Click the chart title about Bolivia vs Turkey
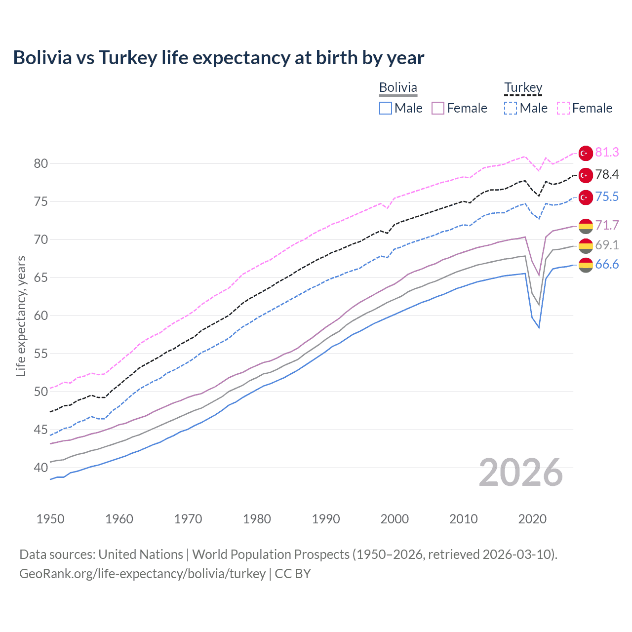pyautogui.click(x=218, y=58)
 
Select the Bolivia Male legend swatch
pyautogui.click(x=386, y=108)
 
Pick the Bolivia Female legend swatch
pyautogui.click(x=438, y=108)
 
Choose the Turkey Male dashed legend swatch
pyautogui.click(x=511, y=108)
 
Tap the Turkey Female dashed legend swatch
pyautogui.click(x=563, y=108)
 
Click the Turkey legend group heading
pyautogui.click(x=523, y=87)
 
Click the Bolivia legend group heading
pyautogui.click(x=398, y=87)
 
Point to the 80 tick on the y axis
pyautogui.click(x=41, y=164)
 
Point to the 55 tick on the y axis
pyautogui.click(x=41, y=354)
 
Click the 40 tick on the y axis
pyautogui.click(x=41, y=468)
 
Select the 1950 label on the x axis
pyautogui.click(x=50, y=519)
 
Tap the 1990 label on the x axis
pyautogui.click(x=326, y=519)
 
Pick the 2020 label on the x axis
pyautogui.click(x=532, y=519)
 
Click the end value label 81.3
pyautogui.click(x=607, y=153)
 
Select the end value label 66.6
pyautogui.click(x=607, y=265)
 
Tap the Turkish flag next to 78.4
pyautogui.click(x=586, y=175)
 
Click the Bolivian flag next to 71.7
pyautogui.click(x=586, y=226)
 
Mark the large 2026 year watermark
pyautogui.click(x=521, y=473)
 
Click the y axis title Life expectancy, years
pyautogui.click(x=21, y=316)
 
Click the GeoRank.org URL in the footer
pyautogui.click(x=142, y=574)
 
